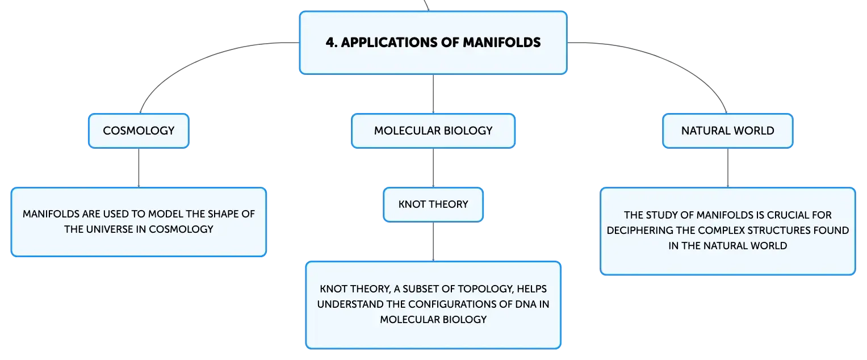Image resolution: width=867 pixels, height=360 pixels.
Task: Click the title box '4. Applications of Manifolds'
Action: pyautogui.click(x=433, y=43)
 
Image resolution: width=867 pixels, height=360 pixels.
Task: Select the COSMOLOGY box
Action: pyautogui.click(x=139, y=131)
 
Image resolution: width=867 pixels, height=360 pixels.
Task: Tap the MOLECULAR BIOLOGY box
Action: pyautogui.click(x=433, y=131)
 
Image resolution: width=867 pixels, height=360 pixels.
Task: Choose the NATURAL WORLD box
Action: pyautogui.click(x=728, y=131)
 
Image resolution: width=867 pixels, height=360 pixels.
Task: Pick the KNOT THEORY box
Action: pyautogui.click(x=433, y=205)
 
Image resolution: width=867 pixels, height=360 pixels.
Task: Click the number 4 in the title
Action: pyautogui.click(x=330, y=43)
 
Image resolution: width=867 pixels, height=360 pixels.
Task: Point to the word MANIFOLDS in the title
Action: pyautogui.click(x=501, y=42)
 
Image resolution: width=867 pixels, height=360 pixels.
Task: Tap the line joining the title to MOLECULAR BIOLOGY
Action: pyautogui.click(x=433, y=94)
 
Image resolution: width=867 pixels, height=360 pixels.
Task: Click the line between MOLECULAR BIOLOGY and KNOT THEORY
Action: pyautogui.click(x=433, y=168)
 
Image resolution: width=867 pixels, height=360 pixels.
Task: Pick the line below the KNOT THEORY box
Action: pyautogui.click(x=433, y=241)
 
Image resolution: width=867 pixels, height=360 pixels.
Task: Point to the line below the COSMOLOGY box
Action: pyautogui.click(x=139, y=168)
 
